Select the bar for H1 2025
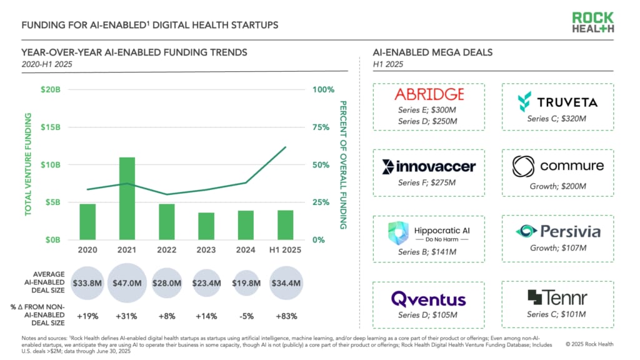pos(285,225)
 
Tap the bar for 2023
pos(206,226)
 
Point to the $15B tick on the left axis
pos(50,127)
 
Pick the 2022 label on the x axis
pos(167,250)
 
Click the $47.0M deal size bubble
pos(127,283)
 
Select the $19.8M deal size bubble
pos(246,283)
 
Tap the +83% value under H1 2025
pos(285,316)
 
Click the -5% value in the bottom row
pos(246,316)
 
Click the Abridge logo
pos(429,94)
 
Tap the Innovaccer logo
pos(429,166)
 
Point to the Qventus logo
pos(429,299)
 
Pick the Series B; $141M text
pos(429,252)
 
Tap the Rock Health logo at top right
pos(593,22)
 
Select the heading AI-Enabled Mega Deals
pos(432,52)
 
